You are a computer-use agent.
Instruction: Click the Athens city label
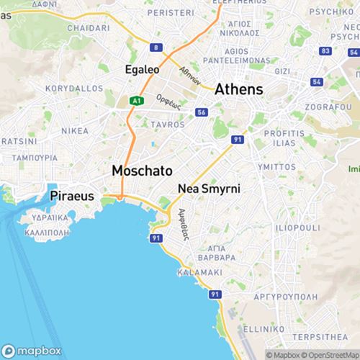[238, 89]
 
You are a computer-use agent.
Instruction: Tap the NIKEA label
[75, 131]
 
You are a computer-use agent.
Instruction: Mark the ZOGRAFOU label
[328, 106]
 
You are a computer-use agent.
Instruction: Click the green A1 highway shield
[136, 102]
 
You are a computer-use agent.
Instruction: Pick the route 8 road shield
[156, 48]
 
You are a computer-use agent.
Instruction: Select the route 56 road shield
[202, 112]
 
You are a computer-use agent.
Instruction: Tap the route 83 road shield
[326, 51]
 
